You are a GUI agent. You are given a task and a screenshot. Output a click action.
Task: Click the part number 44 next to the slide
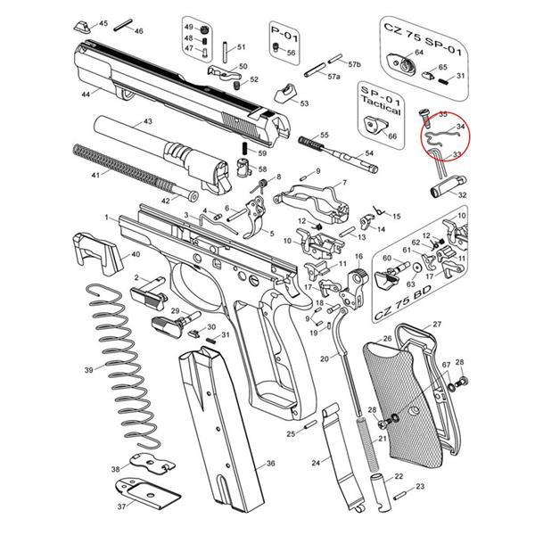tap(86, 94)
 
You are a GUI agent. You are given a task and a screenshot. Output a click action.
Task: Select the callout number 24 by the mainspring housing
tap(316, 464)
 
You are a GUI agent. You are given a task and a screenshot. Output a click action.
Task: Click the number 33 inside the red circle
tap(457, 155)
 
